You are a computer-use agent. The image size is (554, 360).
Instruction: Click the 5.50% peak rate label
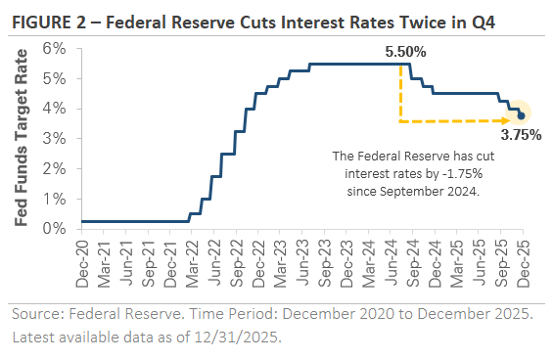406,50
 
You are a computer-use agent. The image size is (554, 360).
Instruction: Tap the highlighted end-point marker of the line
521,115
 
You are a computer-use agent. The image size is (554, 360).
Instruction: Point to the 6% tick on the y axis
55,48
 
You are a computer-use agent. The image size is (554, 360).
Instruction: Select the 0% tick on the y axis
55,229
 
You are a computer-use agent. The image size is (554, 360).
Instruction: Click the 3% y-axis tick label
55,139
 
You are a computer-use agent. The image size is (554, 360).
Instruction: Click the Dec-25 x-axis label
521,262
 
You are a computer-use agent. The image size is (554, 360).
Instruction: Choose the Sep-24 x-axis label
411,262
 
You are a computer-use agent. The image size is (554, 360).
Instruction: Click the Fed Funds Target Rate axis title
23,138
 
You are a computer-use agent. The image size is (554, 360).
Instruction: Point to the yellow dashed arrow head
513,121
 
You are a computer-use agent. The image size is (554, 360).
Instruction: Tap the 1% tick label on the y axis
55,199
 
